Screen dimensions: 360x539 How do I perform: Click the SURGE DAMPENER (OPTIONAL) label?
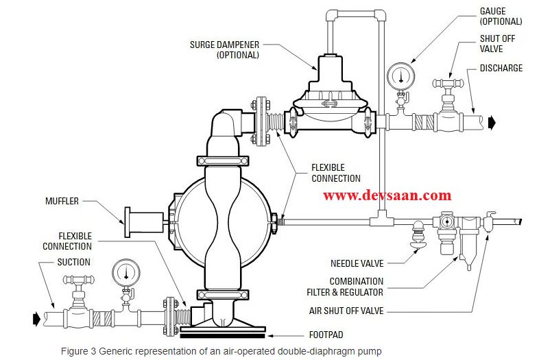coord(224,49)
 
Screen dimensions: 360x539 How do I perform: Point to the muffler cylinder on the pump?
coord(145,220)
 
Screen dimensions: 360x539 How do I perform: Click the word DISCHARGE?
coord(501,68)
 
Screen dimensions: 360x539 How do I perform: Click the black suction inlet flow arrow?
coord(36,318)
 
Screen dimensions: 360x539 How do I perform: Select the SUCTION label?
coord(73,262)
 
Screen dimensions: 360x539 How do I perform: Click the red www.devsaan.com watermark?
coord(387,196)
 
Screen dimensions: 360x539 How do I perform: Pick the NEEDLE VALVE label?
coord(357,263)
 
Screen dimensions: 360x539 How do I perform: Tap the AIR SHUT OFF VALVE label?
coord(347,311)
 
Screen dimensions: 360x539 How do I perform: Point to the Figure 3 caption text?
coord(221,351)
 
